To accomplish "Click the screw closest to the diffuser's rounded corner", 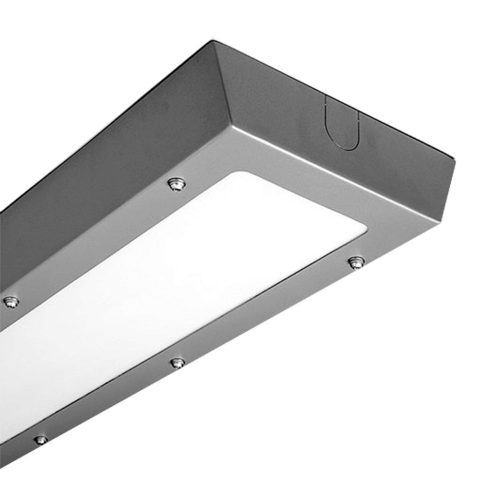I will [x=177, y=184].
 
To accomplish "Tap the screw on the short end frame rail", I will [x=356, y=263].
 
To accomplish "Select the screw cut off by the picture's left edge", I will [x=11, y=302].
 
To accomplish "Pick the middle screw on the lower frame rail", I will [x=178, y=363].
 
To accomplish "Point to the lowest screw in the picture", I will [x=41, y=439].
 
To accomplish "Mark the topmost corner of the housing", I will [x=213, y=42].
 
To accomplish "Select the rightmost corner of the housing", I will [x=454, y=158].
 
